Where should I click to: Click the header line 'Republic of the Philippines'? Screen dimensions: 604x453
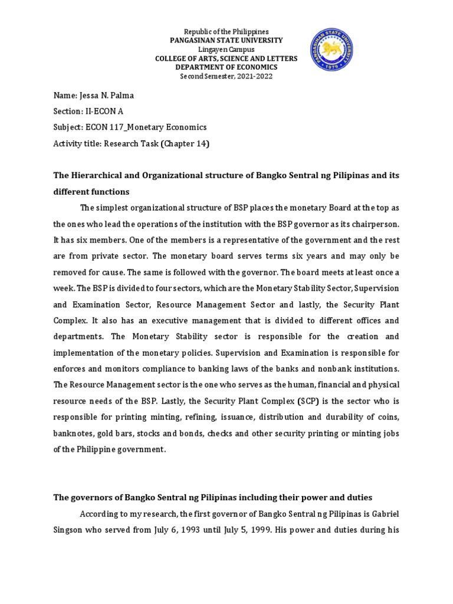226,31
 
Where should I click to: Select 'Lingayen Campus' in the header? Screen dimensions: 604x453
226,50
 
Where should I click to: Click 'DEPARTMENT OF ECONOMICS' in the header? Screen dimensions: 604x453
226,67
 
